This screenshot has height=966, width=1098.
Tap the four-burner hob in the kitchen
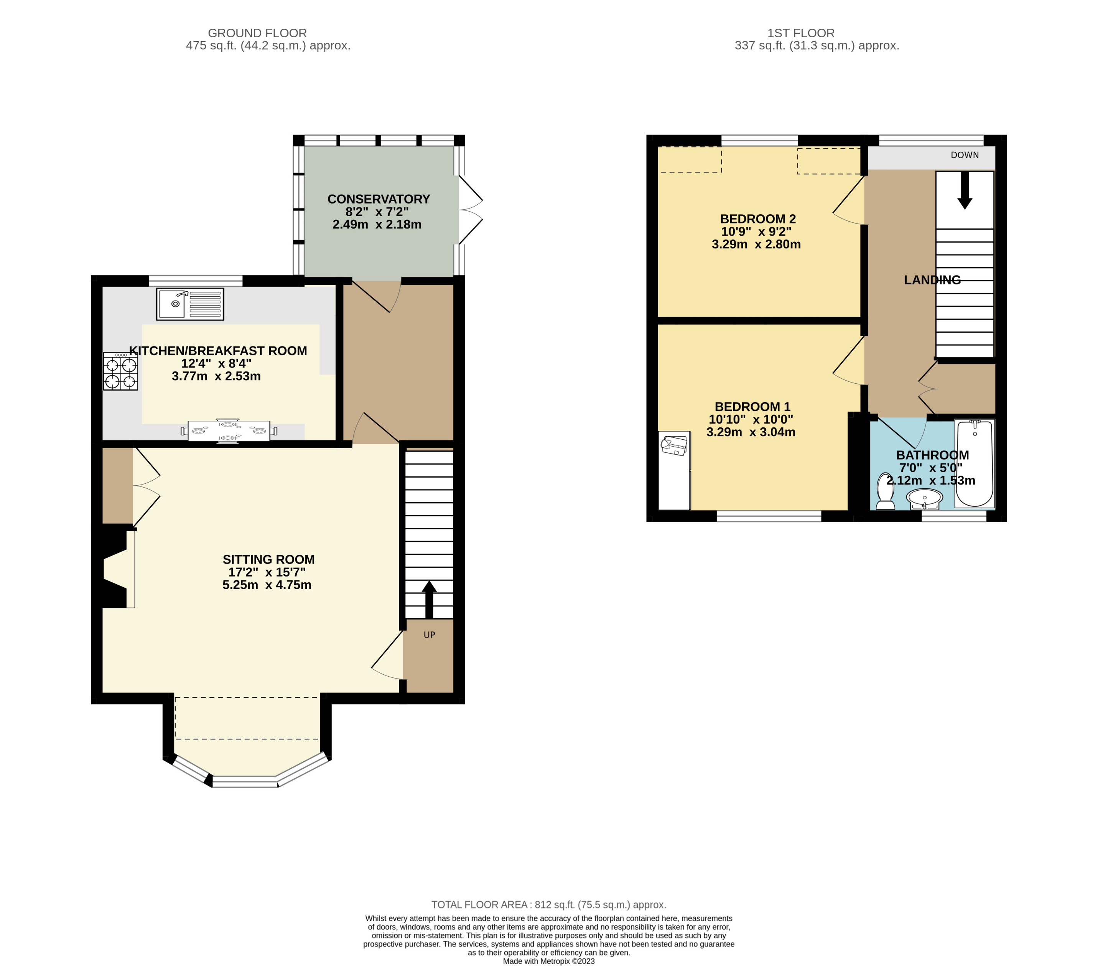point(120,371)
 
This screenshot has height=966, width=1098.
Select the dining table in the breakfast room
point(229,430)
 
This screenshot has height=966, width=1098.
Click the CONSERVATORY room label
point(379,199)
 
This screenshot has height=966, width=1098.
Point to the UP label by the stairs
point(429,635)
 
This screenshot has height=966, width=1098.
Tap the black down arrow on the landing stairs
point(965,191)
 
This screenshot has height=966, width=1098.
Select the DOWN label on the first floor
point(965,155)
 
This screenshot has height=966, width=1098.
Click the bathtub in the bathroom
point(975,463)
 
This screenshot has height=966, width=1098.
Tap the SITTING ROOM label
point(268,560)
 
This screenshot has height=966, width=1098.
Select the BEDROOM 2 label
point(757,219)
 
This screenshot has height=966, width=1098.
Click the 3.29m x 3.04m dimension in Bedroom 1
point(751,432)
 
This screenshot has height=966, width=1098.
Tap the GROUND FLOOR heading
point(257,33)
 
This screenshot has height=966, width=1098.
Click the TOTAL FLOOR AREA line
point(548,905)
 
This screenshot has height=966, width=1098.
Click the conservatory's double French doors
point(470,210)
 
